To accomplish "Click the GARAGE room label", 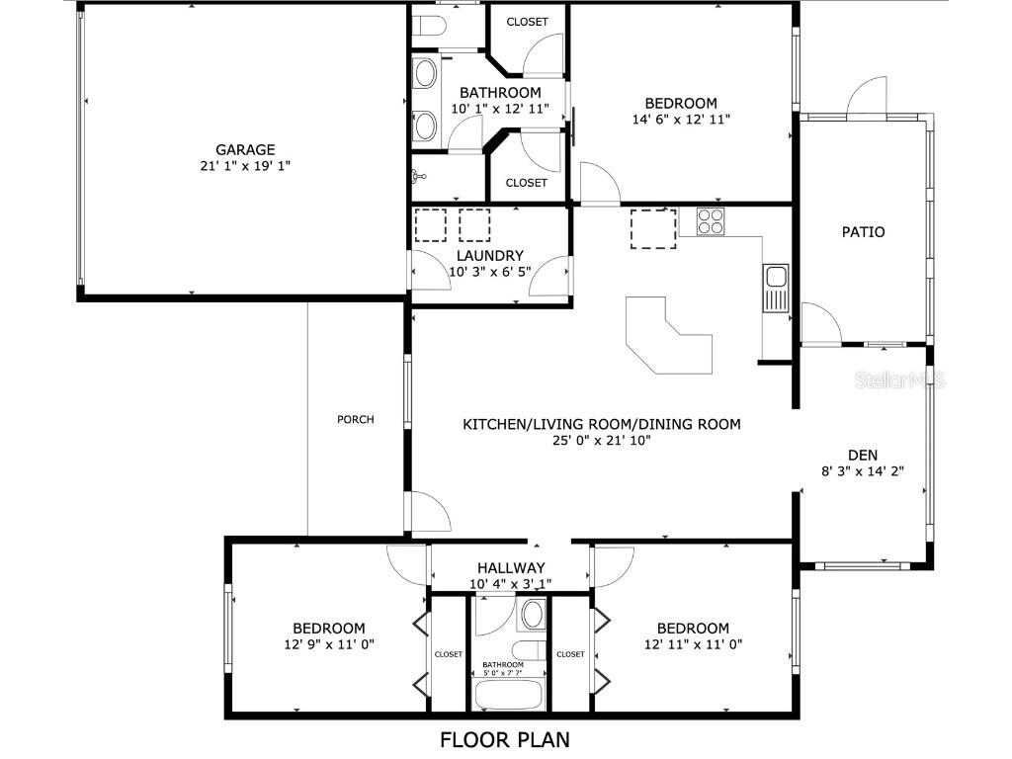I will tap(245, 150).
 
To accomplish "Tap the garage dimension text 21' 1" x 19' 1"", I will tap(245, 166).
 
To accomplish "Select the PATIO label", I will tap(863, 232).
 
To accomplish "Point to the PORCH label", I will tap(356, 419).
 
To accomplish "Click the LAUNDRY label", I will tap(490, 255).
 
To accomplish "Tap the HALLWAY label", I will tap(511, 568).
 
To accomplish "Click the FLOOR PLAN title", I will tap(505, 739).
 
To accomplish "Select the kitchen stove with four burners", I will tap(710, 220).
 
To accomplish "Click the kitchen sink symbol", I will tap(774, 278).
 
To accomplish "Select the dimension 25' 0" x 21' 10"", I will tap(602, 441).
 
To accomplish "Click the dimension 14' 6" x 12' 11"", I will tap(680, 119).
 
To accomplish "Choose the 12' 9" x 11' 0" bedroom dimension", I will tap(328, 644).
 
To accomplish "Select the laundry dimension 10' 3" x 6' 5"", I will tap(490, 271).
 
